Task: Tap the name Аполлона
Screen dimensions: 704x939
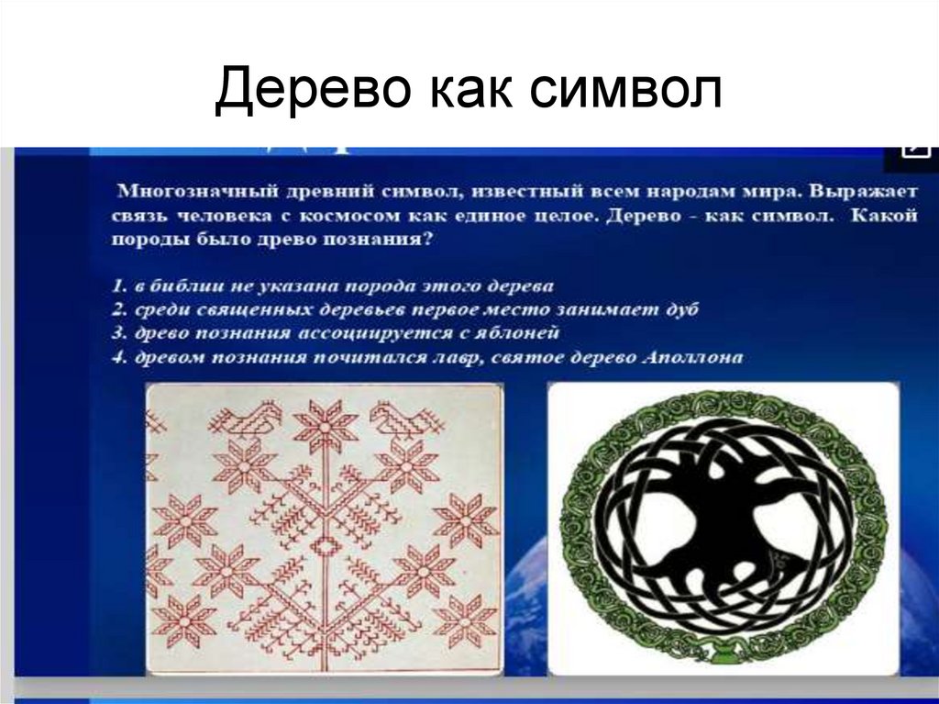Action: [702, 356]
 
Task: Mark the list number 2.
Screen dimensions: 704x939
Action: [118, 309]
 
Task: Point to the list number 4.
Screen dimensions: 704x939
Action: [118, 356]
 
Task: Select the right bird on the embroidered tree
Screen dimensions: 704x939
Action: [400, 421]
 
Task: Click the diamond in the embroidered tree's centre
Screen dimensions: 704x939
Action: [325, 546]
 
